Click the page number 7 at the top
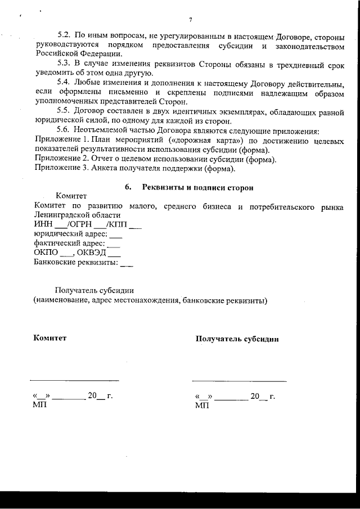[191, 20]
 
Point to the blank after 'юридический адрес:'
[115, 235]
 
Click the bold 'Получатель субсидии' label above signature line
[237, 339]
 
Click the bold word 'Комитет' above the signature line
[50, 338]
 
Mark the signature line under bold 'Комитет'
[74, 381]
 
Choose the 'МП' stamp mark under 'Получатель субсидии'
[201, 405]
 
